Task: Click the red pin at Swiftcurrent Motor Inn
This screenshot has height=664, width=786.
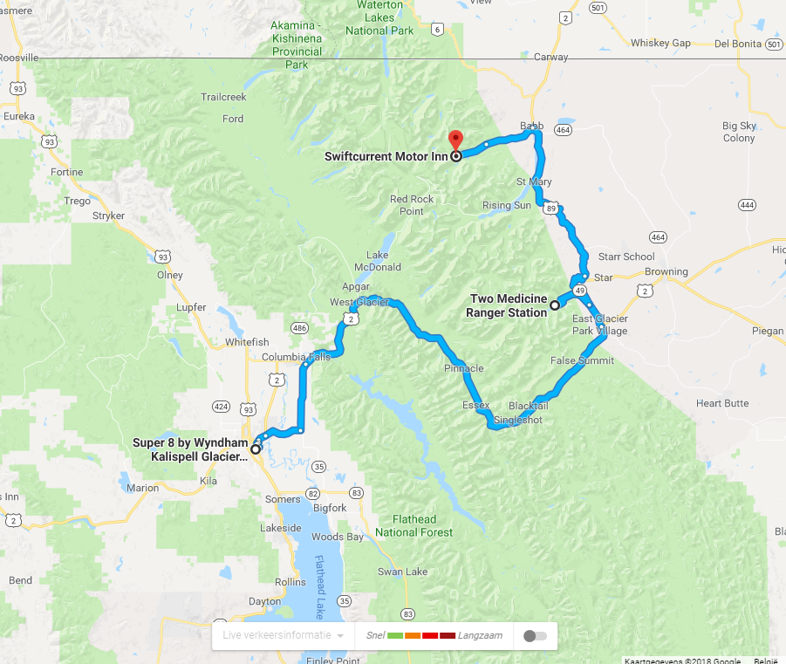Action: (455, 140)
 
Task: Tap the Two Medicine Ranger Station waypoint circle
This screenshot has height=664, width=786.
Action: (554, 305)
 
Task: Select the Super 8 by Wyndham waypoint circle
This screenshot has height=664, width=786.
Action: (256, 449)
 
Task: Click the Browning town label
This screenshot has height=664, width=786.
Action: (666, 271)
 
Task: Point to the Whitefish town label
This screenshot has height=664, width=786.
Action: (247, 343)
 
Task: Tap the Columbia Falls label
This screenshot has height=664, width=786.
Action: (297, 357)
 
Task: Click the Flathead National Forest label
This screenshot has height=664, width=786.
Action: (414, 525)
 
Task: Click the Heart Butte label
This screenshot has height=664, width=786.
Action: (722, 403)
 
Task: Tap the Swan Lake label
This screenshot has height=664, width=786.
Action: (402, 572)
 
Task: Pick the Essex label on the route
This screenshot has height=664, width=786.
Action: (475, 406)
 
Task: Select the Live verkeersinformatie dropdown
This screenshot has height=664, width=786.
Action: (283, 635)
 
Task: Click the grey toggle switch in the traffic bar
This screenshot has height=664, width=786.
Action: (535, 636)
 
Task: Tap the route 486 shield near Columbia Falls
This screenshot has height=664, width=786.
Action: (299, 328)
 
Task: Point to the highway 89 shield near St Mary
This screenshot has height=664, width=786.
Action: (550, 208)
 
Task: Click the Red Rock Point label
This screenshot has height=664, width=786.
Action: (412, 205)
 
